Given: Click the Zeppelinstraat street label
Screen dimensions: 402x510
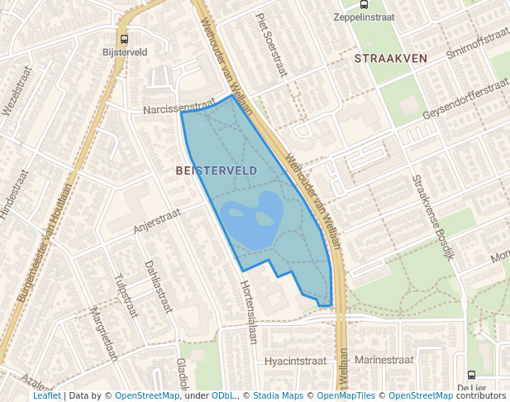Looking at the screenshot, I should (x=365, y=17).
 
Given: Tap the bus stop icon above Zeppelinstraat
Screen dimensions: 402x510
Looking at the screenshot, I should (x=365, y=4).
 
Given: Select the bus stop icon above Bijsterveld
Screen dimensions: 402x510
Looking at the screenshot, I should (x=124, y=38).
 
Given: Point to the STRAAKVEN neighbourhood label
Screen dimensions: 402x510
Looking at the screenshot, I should (x=390, y=58).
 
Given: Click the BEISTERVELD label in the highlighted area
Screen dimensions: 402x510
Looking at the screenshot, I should (x=217, y=170).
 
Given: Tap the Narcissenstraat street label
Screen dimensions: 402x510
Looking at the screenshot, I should (x=179, y=108).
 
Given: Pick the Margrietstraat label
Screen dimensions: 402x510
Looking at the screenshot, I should (x=103, y=334).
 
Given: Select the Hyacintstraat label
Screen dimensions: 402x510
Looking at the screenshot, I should (x=295, y=361).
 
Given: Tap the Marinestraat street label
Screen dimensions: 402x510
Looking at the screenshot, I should (x=383, y=360).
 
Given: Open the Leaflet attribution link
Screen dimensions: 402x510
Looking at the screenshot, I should (x=46, y=395).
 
